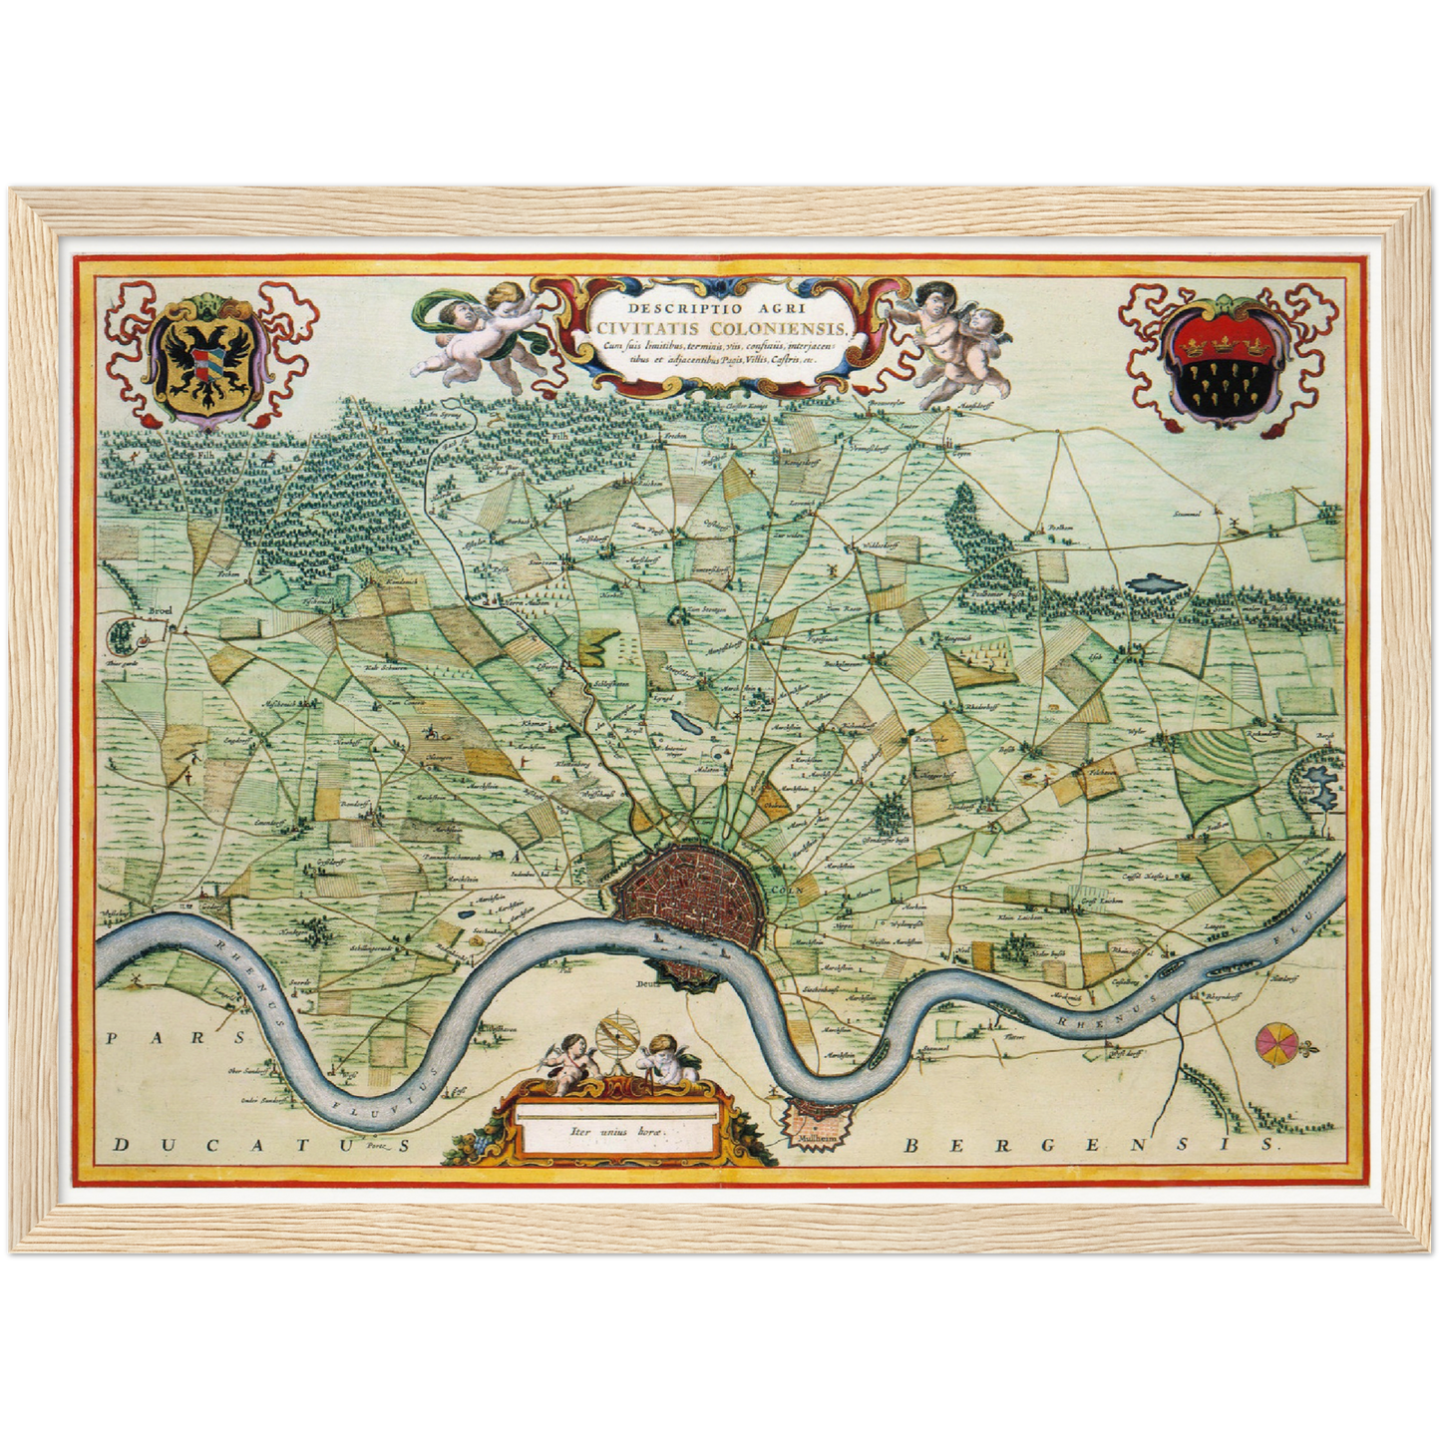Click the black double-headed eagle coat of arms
208,360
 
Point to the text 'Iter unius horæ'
616,1132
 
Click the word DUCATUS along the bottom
261,1146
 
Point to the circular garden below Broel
124,633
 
